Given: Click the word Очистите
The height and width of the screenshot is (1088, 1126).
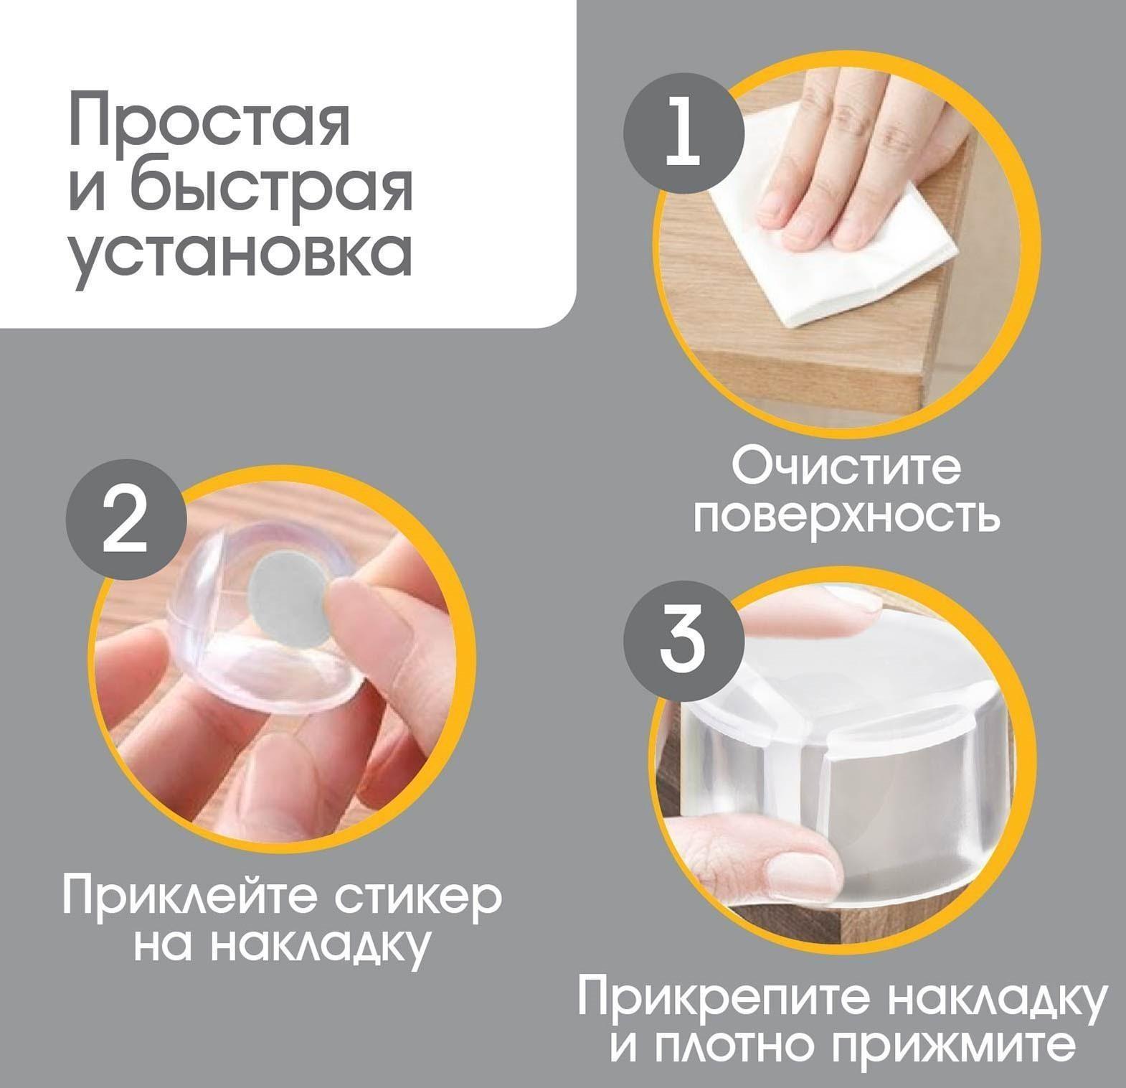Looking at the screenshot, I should point(846,468).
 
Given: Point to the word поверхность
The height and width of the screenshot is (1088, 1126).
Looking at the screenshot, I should point(846,517).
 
